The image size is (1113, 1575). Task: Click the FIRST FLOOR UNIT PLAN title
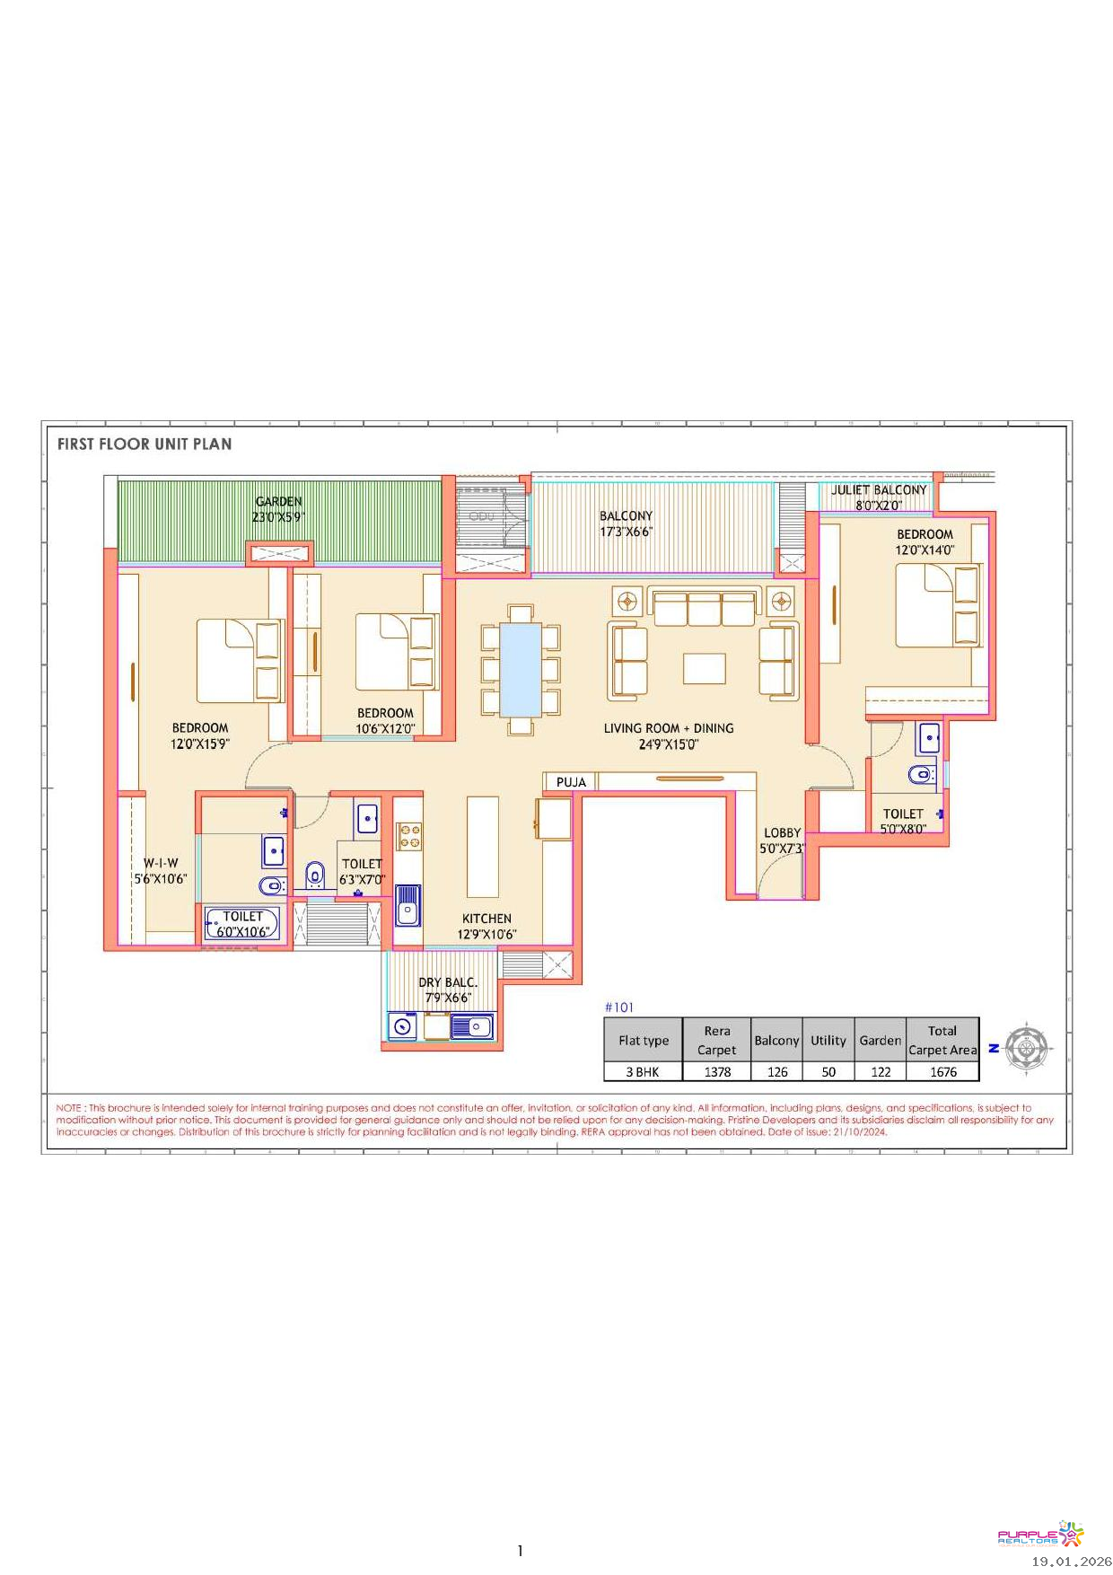click(145, 444)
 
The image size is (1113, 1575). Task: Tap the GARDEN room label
click(279, 502)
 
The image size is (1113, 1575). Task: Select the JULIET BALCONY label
click(879, 490)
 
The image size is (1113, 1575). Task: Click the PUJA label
click(571, 782)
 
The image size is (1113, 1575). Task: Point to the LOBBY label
click(782, 832)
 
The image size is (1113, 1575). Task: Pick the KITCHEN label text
click(486, 919)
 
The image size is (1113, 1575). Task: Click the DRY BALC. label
click(448, 982)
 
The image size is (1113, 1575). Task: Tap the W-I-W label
click(161, 863)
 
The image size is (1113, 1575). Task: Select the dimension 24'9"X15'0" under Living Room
click(669, 744)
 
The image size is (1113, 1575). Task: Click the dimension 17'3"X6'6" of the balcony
click(627, 532)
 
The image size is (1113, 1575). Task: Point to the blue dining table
click(521, 668)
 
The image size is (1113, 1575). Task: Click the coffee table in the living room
click(705, 668)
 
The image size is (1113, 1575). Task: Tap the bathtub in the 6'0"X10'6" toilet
click(242, 923)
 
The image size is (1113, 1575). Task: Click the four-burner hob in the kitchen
click(409, 836)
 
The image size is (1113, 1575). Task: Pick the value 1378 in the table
click(717, 1071)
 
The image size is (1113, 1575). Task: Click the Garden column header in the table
click(881, 1040)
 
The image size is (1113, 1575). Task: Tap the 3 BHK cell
click(643, 1071)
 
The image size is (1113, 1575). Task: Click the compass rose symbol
click(1027, 1047)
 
